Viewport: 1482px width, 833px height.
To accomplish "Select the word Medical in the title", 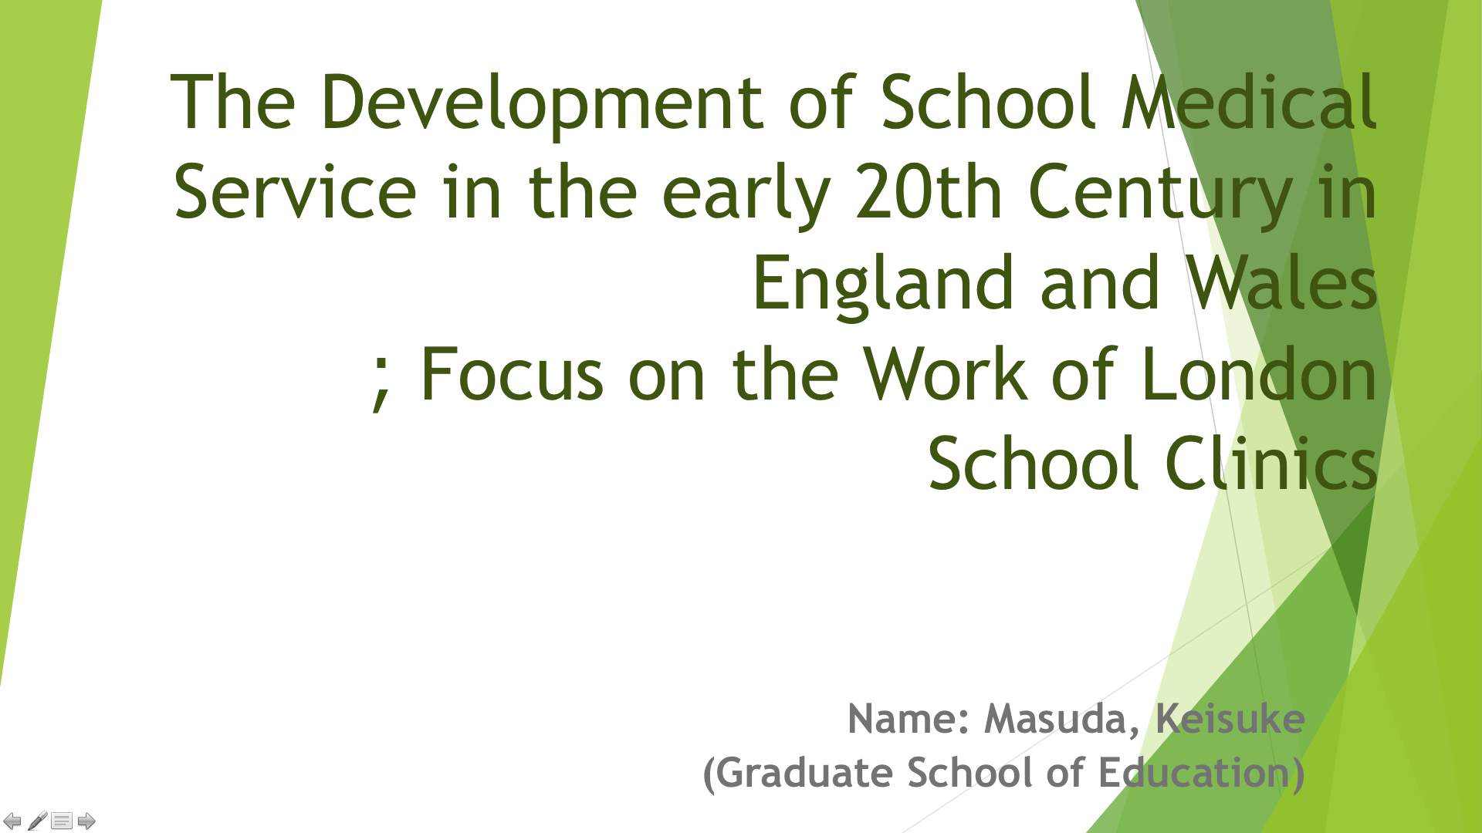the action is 1249,102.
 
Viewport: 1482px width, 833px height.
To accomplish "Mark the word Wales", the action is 1281,282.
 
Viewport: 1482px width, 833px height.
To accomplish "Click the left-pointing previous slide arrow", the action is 12,821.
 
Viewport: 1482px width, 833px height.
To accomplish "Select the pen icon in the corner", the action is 37,821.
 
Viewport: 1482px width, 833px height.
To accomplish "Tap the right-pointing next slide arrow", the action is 86,821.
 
